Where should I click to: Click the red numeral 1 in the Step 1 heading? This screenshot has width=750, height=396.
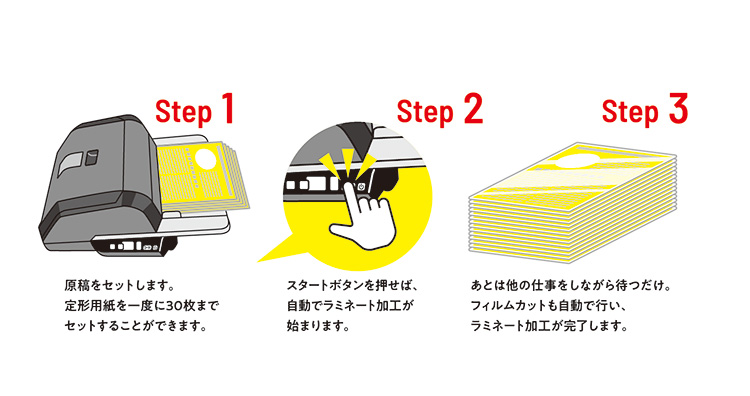click(227, 109)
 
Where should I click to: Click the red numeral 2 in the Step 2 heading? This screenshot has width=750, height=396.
click(473, 109)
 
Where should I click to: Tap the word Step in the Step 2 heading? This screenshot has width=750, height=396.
click(425, 113)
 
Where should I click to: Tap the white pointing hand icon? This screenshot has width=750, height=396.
click(364, 215)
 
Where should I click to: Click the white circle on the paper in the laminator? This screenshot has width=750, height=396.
click(204, 158)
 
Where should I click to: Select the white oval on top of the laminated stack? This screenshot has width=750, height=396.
click(584, 161)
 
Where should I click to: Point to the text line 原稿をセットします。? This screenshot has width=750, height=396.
click(119, 286)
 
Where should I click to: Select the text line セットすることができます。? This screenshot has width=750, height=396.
click(136, 326)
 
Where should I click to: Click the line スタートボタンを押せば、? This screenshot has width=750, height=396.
click(353, 286)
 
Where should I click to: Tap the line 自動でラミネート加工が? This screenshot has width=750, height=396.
click(349, 306)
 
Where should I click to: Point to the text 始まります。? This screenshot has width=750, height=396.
click(318, 326)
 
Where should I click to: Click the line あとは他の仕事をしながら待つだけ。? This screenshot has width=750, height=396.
click(571, 286)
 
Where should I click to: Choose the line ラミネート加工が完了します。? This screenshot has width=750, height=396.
click(549, 326)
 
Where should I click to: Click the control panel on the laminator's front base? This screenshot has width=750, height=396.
click(134, 246)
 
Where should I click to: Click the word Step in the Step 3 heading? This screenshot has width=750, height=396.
click(630, 112)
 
